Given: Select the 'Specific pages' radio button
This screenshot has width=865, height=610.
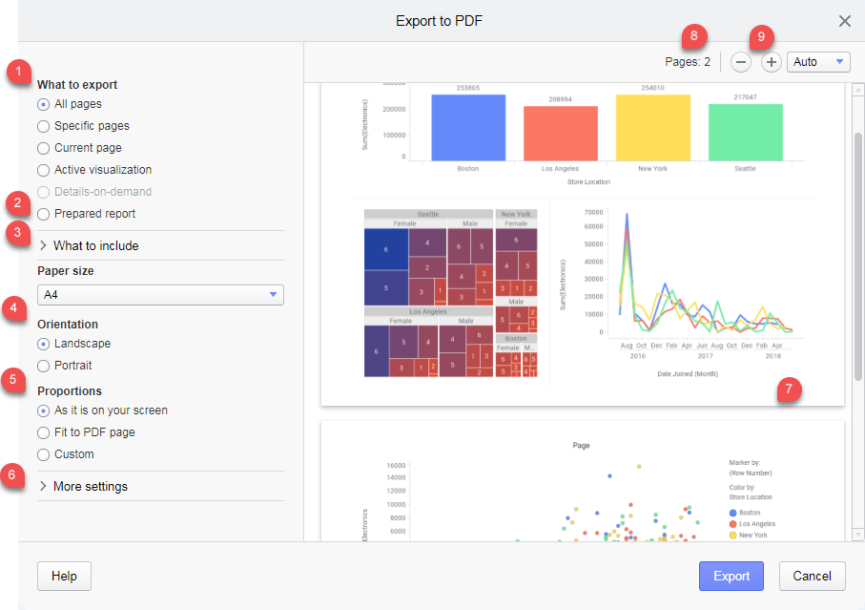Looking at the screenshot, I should click(x=43, y=126).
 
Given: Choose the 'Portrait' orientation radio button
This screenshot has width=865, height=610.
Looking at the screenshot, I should click(x=43, y=366).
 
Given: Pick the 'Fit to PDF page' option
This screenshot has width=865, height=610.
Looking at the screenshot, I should click(x=43, y=432).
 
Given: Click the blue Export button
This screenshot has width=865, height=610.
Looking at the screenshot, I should click(x=731, y=576).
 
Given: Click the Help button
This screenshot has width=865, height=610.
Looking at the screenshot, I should click(x=64, y=576).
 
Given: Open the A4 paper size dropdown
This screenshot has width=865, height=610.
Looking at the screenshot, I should click(x=160, y=295).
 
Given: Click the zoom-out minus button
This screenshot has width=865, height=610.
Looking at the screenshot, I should click(x=741, y=62).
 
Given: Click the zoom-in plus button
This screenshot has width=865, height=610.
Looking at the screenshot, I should click(x=772, y=62).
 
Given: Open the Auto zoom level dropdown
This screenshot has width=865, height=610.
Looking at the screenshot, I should click(x=818, y=62).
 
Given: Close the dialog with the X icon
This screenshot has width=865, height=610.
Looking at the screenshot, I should click(x=844, y=21).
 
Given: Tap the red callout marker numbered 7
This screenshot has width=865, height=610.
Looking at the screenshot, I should click(x=789, y=389).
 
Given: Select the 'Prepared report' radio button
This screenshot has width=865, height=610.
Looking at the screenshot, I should click(x=43, y=214).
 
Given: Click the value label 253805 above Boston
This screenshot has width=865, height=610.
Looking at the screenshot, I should click(x=468, y=89).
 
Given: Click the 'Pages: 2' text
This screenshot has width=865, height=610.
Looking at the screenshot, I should click(x=688, y=62).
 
